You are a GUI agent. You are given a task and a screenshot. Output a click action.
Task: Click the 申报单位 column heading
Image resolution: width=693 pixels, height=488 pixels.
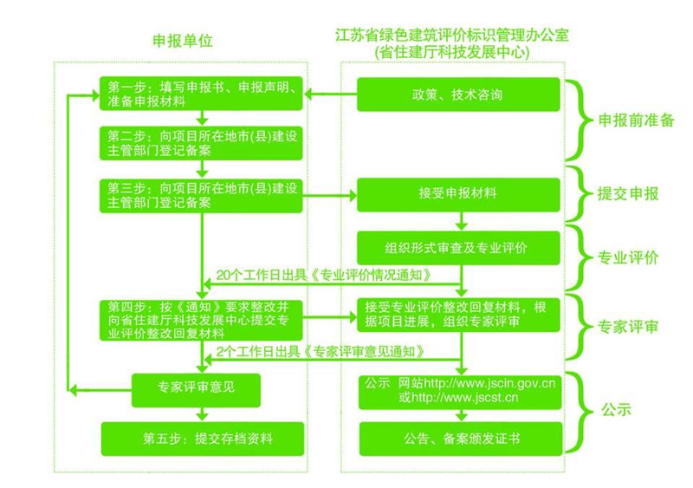pyautogui.click(x=181, y=42)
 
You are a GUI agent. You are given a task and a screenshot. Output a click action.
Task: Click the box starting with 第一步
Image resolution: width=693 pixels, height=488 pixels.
pyautogui.click(x=201, y=94)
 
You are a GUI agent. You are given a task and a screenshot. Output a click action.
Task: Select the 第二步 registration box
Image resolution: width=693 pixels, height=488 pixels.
pyautogui.click(x=201, y=144)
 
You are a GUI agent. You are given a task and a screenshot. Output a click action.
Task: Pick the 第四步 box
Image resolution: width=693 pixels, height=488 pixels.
pyautogui.click(x=201, y=319)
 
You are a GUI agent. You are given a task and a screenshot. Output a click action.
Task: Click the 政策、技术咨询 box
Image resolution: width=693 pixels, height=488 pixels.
pyautogui.click(x=458, y=94)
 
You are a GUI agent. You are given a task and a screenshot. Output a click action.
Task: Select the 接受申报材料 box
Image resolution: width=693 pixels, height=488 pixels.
pyautogui.click(x=458, y=194)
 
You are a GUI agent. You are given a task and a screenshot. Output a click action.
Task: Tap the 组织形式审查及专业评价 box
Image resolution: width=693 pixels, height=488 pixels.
pyautogui.click(x=458, y=246)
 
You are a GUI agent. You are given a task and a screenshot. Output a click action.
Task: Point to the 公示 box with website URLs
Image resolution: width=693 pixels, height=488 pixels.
pyautogui.click(x=458, y=390)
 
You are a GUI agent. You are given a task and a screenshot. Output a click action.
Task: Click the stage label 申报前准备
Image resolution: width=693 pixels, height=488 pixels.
pyautogui.click(x=636, y=120)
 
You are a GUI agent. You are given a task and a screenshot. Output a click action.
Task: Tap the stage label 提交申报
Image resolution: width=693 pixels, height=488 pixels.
pyautogui.click(x=629, y=194)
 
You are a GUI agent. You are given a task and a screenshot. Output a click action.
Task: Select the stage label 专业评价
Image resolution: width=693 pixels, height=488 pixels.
pyautogui.click(x=629, y=258)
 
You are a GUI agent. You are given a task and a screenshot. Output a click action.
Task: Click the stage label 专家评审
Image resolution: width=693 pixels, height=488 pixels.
pyautogui.click(x=629, y=327)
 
